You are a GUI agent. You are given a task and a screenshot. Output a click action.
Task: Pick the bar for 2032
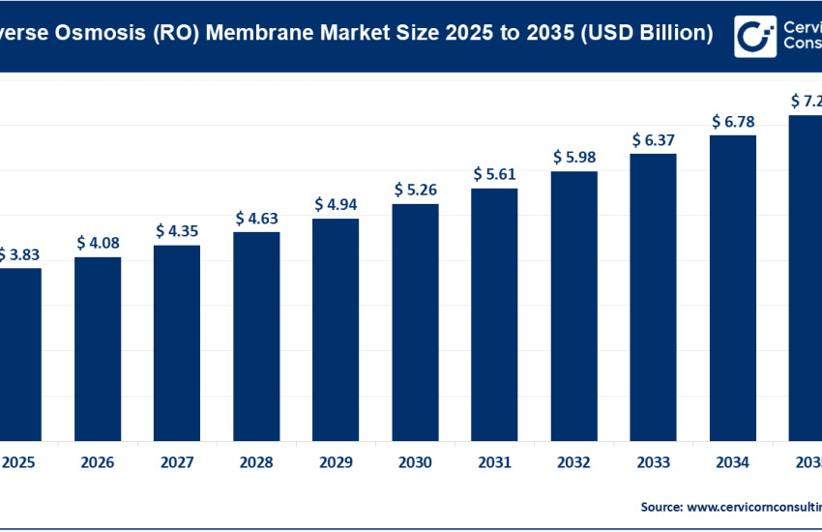[574, 305]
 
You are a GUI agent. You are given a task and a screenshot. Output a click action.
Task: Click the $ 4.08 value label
[98, 242]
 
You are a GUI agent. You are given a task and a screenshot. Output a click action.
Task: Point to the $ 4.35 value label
[177, 231]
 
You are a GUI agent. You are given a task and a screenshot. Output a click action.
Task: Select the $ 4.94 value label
[336, 204]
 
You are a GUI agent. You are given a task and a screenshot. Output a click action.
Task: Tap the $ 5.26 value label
[415, 190]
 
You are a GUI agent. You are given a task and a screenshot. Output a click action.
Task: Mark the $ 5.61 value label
[494, 174]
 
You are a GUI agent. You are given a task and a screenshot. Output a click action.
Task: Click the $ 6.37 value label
[654, 139]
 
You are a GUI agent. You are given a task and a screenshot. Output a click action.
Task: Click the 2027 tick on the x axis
[177, 462]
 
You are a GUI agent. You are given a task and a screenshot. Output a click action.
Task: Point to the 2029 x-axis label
[336, 462]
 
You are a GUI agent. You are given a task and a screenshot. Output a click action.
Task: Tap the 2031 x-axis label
[494, 462]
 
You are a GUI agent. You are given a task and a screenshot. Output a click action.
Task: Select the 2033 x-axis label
[654, 462]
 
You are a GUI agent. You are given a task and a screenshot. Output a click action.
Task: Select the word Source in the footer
[661, 506]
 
